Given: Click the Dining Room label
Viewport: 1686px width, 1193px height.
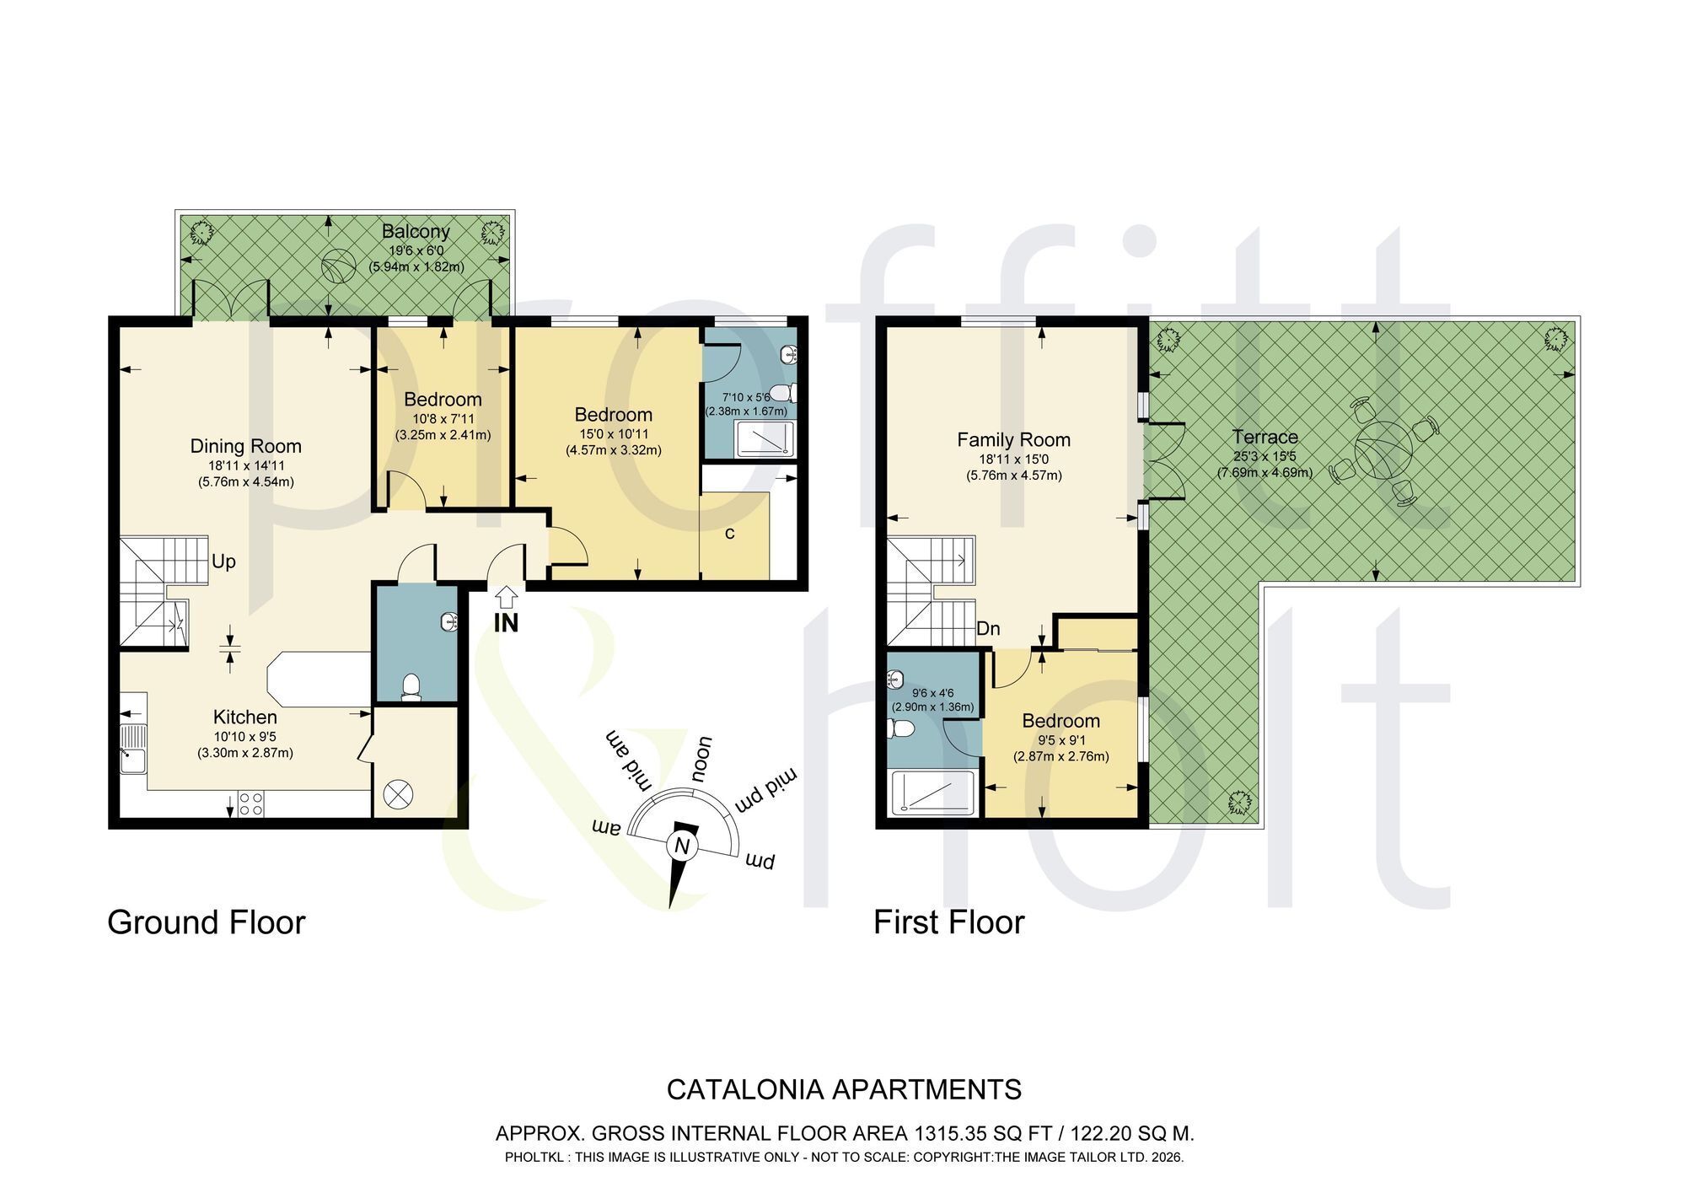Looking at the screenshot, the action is (245, 446).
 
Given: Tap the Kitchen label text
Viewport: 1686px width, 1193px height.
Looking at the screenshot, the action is (244, 717).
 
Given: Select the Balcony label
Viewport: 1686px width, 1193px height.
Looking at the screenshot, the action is (416, 231).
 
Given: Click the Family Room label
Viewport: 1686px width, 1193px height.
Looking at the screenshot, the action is (1013, 439).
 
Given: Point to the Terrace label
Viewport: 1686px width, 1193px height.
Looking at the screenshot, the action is (1264, 437).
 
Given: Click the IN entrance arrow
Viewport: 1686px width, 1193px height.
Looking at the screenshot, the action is (506, 598).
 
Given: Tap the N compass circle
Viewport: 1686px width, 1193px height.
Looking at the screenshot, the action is (681, 846).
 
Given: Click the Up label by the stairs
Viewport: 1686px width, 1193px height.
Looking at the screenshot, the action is (223, 562).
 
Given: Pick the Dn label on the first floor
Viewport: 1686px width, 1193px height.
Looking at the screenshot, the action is (989, 628).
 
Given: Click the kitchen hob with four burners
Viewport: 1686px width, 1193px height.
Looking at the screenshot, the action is (250, 803).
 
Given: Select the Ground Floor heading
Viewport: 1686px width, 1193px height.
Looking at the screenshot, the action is (206, 922).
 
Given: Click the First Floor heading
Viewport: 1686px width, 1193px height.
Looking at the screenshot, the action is (948, 922).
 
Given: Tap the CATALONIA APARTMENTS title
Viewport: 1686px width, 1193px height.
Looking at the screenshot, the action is (844, 1089).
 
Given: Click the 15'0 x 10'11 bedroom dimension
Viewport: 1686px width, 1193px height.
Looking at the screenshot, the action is (614, 433).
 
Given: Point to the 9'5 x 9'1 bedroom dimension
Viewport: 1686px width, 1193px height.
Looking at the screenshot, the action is (1061, 740).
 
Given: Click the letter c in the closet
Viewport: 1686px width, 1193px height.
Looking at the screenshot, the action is (730, 533).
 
